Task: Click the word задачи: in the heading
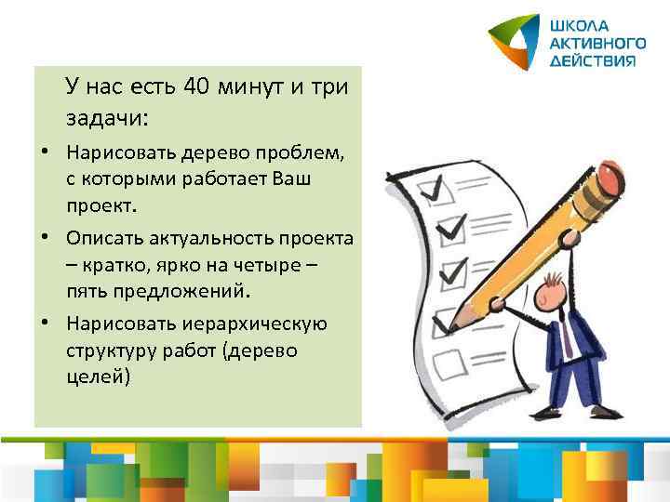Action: [x=107, y=118]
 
